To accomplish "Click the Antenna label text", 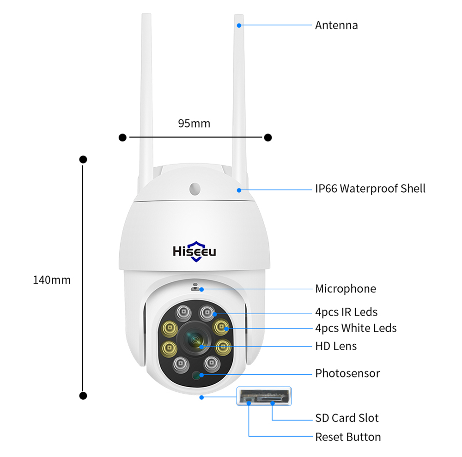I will point(336,25).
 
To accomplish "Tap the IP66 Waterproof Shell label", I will point(370,189).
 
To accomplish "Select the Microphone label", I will point(346,289).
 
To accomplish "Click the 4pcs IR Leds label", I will point(346,312).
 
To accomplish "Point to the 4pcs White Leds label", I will point(356,328).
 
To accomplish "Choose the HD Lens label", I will point(336,346).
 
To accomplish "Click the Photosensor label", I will point(347,373).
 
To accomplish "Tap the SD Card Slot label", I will point(346,418).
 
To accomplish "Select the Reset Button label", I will point(348,437).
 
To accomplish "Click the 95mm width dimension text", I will point(194,123).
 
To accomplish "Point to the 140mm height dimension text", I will point(52,280).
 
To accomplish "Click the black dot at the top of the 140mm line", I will point(83,159).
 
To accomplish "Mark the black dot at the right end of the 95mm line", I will point(267,137).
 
